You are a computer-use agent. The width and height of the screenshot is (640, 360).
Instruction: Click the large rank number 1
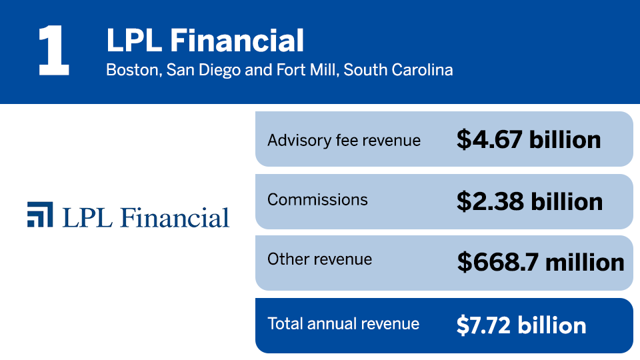[x=53, y=51]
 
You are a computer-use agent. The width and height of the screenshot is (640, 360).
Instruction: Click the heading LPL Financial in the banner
[x=205, y=41]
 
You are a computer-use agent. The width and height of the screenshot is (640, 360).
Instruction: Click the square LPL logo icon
[x=40, y=214]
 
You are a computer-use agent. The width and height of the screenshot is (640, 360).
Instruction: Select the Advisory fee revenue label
[x=344, y=140]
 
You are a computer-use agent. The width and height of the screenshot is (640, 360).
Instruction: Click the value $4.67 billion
[x=529, y=139]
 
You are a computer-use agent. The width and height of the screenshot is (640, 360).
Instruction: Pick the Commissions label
[x=317, y=199]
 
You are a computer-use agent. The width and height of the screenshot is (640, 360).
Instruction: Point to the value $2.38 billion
[x=529, y=201]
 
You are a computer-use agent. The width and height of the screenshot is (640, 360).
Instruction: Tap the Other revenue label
[x=319, y=259]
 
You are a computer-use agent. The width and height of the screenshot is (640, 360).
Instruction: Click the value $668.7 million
[x=541, y=262]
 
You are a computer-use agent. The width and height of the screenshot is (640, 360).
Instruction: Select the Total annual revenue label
[x=343, y=324]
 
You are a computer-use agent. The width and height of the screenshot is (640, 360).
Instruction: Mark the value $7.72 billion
[x=521, y=325]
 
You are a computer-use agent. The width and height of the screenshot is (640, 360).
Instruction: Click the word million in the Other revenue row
[x=585, y=262]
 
